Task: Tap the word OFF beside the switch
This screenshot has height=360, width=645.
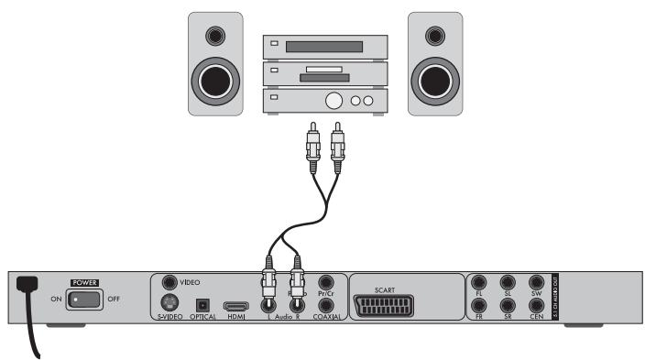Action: click(x=115, y=300)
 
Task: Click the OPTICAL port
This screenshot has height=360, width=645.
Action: click(x=203, y=304)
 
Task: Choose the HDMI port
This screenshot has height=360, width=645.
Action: click(x=236, y=305)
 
